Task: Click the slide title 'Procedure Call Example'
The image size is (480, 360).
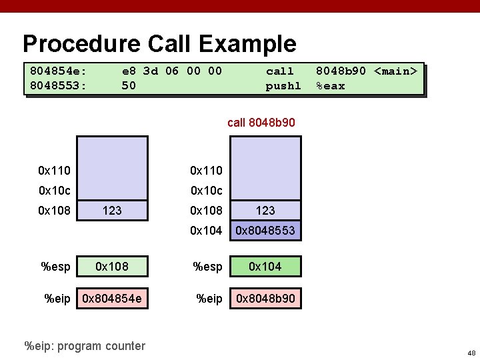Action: pos(159,44)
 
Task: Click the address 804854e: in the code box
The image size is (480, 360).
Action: pos(59,71)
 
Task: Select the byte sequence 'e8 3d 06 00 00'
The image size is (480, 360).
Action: pos(171,71)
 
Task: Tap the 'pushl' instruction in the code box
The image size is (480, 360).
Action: pos(283,86)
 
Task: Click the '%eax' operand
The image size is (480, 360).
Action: pos(331,86)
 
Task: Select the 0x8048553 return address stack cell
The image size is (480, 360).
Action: pos(265,231)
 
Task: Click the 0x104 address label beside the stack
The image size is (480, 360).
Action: pos(207,231)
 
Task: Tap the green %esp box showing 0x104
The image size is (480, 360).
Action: pos(265,267)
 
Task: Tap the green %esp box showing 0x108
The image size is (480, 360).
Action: pos(112,267)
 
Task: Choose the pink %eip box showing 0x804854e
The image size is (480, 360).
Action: pos(112,299)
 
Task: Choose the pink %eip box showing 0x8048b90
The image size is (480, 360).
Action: pos(265,299)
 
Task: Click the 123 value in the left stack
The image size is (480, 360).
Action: pos(112,211)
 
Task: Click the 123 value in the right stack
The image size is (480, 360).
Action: pos(265,211)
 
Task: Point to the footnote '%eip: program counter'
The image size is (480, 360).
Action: pos(84,345)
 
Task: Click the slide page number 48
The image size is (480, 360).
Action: pos(471,352)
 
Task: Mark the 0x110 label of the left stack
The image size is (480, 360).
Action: pos(55,171)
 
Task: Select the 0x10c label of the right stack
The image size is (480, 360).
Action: pos(207,191)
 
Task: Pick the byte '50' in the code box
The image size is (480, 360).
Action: pos(129,86)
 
